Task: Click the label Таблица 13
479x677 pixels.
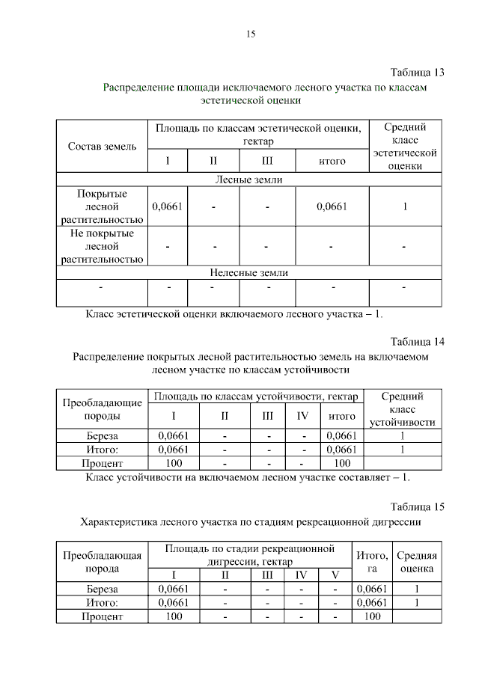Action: point(418,73)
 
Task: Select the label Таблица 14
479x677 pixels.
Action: point(418,342)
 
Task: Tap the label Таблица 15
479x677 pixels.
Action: point(418,506)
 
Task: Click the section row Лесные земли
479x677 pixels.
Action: point(249,180)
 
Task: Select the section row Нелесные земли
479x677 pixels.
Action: point(249,273)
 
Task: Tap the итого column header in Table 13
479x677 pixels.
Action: point(332,161)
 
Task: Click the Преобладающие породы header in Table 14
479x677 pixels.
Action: point(102,408)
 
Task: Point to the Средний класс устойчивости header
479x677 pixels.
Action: point(403,409)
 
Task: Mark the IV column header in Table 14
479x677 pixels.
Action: point(302,416)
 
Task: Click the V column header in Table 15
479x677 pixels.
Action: point(335,575)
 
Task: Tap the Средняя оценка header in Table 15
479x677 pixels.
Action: point(417,562)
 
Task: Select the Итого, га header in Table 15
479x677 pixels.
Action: point(372,562)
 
